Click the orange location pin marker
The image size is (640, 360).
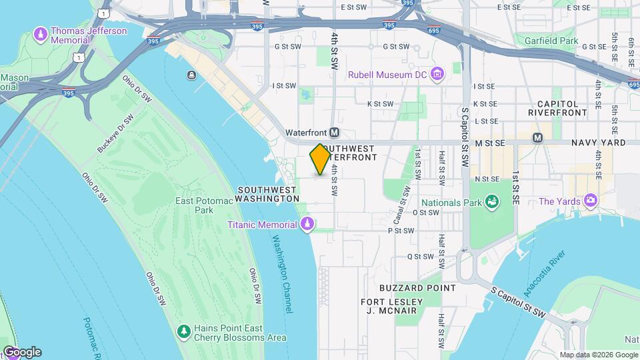pyautogui.click(x=320, y=159)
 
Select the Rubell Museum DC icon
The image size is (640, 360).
pyautogui.click(x=437, y=74)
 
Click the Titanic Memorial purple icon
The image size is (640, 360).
pyautogui.click(x=307, y=224)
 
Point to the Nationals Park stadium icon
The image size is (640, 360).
pyautogui.click(x=492, y=201)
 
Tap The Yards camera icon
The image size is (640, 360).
pyautogui.click(x=590, y=201)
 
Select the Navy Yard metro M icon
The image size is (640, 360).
pyautogui.click(x=537, y=138)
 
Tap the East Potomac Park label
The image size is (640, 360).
pyautogui.click(x=194, y=205)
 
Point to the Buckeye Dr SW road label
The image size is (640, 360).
pyautogui.click(x=115, y=133)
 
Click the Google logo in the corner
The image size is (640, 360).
pyautogui.click(x=22, y=352)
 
